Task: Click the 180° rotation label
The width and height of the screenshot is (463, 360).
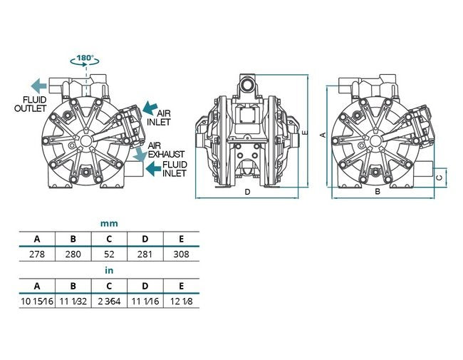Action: pyautogui.click(x=85, y=57)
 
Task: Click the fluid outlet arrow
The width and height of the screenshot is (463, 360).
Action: pyautogui.click(x=38, y=86)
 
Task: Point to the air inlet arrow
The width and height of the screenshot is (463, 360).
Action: pyautogui.click(x=150, y=108)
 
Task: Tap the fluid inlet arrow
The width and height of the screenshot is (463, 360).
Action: pyautogui.click(x=154, y=169)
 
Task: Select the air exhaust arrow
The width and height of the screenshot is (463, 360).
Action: pyautogui.click(x=140, y=154)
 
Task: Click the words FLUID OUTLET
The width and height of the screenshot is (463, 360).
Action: pyautogui.click(x=31, y=104)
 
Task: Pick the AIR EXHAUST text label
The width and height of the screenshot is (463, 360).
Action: pyautogui.click(x=166, y=150)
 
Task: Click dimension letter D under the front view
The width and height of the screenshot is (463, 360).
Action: pyautogui.click(x=247, y=192)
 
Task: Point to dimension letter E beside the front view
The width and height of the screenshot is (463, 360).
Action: pyautogui.click(x=306, y=132)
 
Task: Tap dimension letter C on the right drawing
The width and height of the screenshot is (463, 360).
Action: pyautogui.click(x=439, y=178)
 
